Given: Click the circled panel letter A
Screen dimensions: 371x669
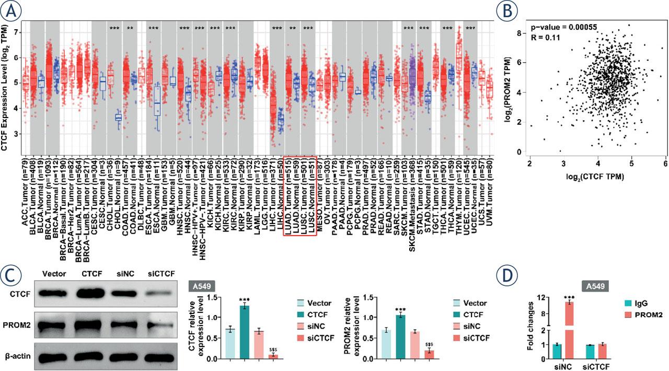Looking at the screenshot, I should coord(14,10).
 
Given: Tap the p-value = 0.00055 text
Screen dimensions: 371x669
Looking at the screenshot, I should coord(560,27).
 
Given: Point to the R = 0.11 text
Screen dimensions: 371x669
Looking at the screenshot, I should coord(544,37).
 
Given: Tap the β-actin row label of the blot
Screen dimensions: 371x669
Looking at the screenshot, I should coord(17,357).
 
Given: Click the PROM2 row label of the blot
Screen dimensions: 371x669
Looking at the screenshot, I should coord(17,326).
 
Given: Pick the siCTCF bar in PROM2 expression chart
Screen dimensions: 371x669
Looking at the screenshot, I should coord(428,354).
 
